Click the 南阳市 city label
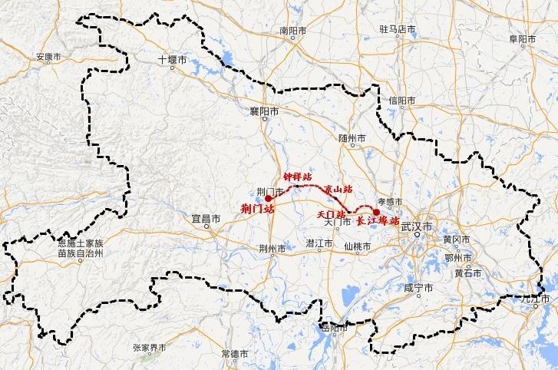coord(292,31)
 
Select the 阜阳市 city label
coord(523,38)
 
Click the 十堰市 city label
coord(172,59)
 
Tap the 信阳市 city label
coord(401,101)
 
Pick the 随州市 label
coord(352,139)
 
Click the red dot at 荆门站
coord(269,197)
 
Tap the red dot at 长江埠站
coord(376,211)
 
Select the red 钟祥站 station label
coord(297,177)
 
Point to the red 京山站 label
coord(338,189)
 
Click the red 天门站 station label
coord(331,214)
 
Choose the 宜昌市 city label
coord(206,219)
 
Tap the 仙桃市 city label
coord(358,246)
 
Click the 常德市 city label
coord(234,354)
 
